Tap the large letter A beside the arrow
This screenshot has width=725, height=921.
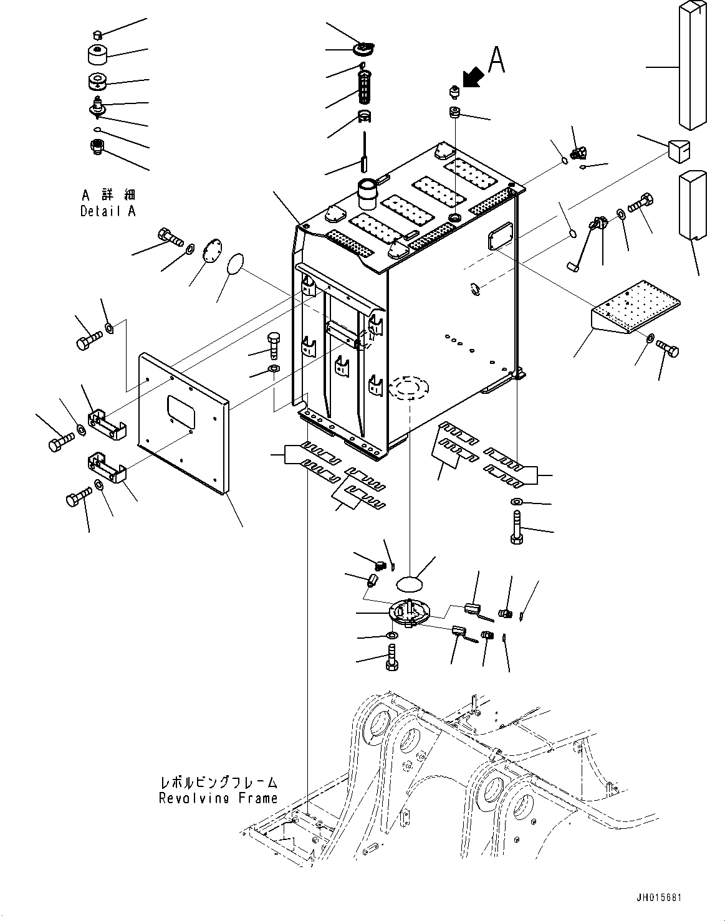tap(496, 59)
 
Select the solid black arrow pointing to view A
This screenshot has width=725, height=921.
tap(473, 79)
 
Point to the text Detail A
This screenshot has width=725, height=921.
tap(108, 211)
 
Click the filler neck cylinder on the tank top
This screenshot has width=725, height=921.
tap(367, 193)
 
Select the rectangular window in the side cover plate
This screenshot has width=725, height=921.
tap(181, 411)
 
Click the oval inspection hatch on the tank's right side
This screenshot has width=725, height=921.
tap(501, 236)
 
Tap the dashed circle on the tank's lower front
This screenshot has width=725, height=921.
tap(409, 389)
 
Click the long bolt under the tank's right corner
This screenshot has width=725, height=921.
tap(517, 528)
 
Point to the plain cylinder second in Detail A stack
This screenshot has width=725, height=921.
tap(97, 54)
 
